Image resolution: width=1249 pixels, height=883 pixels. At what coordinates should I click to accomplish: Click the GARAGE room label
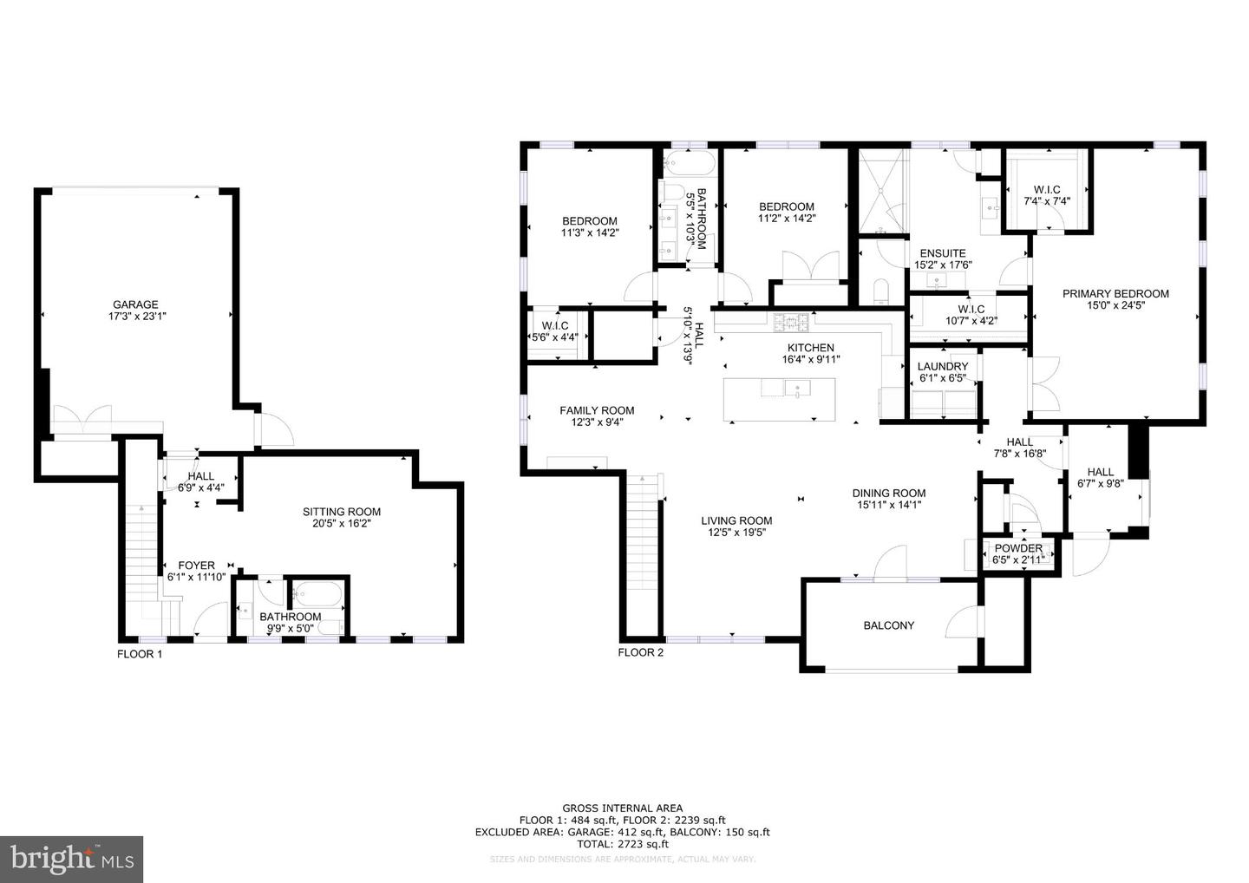click(134, 304)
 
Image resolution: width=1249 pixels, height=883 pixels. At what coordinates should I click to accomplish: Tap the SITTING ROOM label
click(341, 512)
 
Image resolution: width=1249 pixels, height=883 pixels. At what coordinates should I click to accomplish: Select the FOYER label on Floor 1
click(196, 566)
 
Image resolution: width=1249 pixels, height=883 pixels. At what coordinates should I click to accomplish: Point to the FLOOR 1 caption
click(140, 654)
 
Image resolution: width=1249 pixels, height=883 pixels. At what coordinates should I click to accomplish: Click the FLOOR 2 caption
click(640, 652)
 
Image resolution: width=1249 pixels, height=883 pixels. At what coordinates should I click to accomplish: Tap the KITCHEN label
click(811, 348)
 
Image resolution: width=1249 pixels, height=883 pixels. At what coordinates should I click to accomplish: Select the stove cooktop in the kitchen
click(792, 322)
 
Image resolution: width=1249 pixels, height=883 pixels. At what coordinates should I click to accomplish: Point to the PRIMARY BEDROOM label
click(1115, 294)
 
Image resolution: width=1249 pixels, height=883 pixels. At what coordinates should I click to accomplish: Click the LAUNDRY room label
click(942, 367)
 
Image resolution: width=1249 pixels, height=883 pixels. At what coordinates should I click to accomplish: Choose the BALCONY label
click(888, 625)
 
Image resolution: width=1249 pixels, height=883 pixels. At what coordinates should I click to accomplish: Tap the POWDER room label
click(1018, 548)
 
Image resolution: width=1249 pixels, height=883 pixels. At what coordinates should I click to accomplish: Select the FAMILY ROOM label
click(597, 410)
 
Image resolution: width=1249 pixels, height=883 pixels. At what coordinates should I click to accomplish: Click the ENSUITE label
click(943, 253)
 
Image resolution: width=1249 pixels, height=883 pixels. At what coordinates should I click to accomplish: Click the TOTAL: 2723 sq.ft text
click(622, 843)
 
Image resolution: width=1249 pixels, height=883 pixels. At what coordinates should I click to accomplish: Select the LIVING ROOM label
click(736, 521)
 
